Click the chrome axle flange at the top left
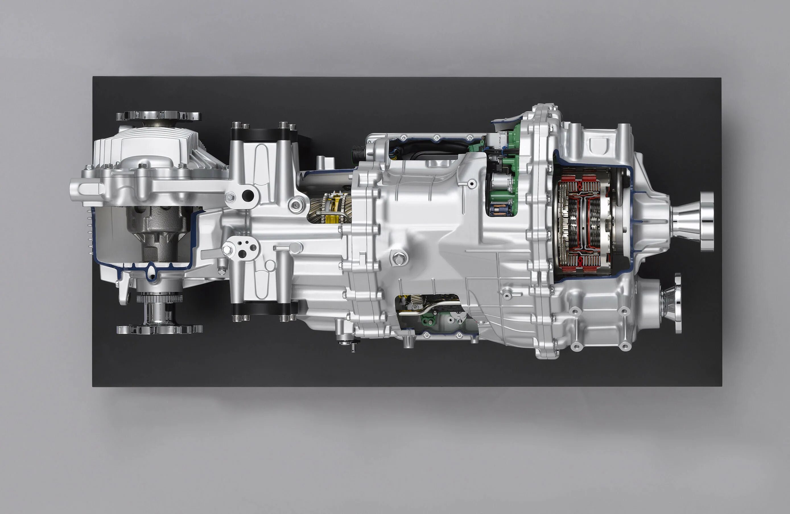coord(158,116)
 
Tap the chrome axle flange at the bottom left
coord(160,329)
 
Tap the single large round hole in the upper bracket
coord(247,196)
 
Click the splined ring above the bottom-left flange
coord(159,298)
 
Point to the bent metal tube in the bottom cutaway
coord(428,307)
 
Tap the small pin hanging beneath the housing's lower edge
coord(352,347)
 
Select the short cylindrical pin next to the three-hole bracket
coord(281,248)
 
